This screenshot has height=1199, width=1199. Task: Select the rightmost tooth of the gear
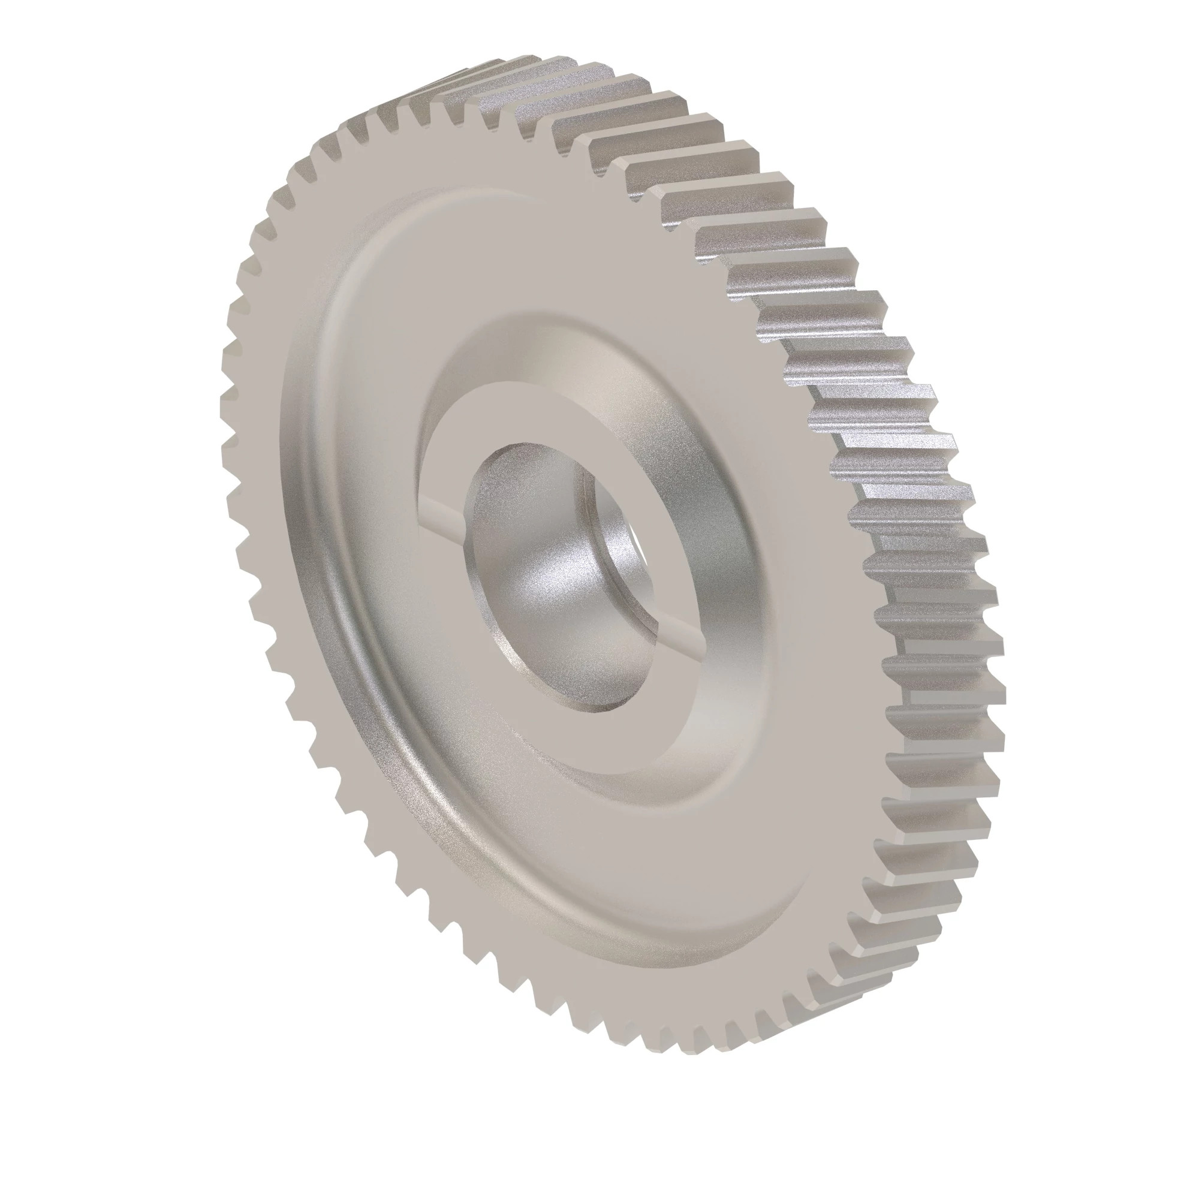click(993, 683)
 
